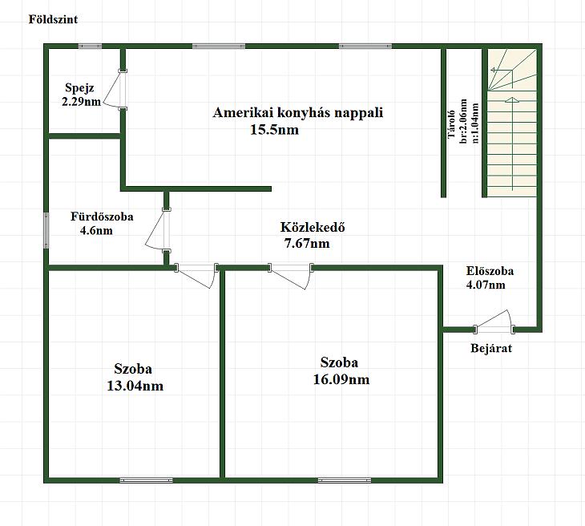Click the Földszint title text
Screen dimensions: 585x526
[53, 19]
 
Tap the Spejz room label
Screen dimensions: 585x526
[79, 88]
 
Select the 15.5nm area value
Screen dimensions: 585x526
[274, 130]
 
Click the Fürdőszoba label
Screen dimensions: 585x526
[102, 216]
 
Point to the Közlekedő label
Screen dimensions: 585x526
[313, 227]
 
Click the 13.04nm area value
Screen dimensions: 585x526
[135, 386]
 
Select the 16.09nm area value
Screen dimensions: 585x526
[341, 379]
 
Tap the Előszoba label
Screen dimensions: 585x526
[490, 271]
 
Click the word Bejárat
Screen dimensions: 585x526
[491, 348]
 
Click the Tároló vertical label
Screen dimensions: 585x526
[451, 125]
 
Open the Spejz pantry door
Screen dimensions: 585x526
[115, 90]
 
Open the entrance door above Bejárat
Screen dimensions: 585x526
[494, 322]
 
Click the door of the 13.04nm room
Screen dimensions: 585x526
[196, 276]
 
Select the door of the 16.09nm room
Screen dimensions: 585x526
[291, 276]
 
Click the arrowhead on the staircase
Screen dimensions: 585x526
[512, 100]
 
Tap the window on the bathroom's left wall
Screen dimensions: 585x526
[46, 230]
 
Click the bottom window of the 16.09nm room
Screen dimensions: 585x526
[345, 480]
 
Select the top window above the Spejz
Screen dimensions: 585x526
[90, 47]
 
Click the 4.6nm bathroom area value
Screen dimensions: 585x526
[96, 231]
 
